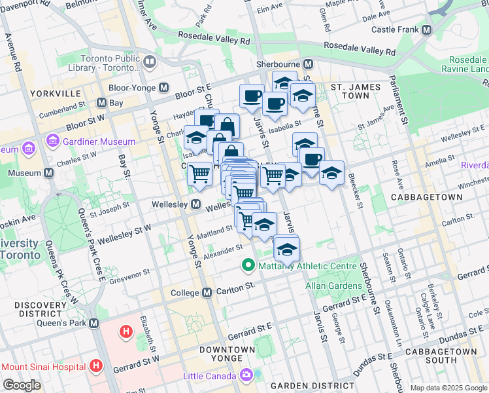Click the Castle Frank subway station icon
[x=426, y=30]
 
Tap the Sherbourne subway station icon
[x=309, y=64]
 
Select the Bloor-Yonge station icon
[x=164, y=87]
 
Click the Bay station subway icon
[x=101, y=103]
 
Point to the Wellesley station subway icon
[x=195, y=205]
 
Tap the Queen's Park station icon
[x=94, y=323]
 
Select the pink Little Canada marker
[x=246, y=376]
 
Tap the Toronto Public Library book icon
[x=150, y=62]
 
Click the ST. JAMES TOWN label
[x=360, y=91]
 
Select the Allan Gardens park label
[x=333, y=286]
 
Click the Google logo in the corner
[x=22, y=385]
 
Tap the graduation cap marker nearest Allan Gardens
[x=286, y=250]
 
